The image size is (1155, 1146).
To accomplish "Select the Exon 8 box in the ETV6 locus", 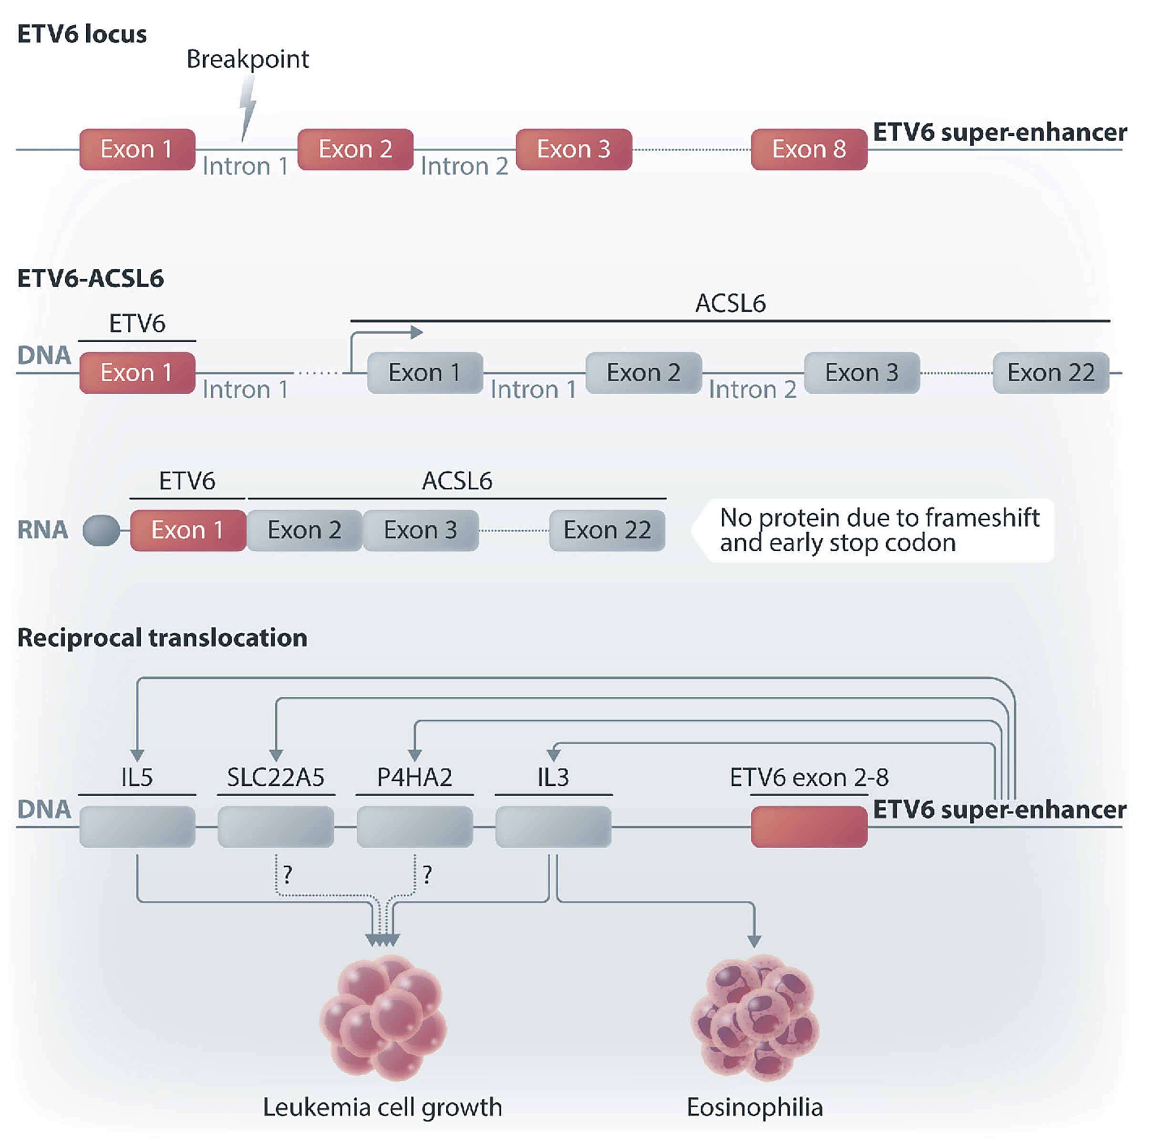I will (x=809, y=149).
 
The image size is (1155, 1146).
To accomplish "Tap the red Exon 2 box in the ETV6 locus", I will (x=355, y=149).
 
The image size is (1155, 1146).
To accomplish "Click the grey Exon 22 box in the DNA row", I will (x=1051, y=373).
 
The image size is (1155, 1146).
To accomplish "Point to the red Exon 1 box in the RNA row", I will (x=188, y=530).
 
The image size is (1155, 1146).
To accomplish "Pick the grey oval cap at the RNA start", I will (x=101, y=530).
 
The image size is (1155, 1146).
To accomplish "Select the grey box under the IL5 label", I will (x=137, y=826).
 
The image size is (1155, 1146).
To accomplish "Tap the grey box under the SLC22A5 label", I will (x=276, y=826).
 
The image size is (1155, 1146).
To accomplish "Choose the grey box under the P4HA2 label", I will (x=415, y=826).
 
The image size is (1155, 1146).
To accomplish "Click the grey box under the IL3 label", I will (x=554, y=826).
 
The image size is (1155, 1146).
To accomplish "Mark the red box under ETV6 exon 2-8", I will (x=809, y=826).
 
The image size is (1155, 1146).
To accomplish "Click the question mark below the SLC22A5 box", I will (x=288, y=875).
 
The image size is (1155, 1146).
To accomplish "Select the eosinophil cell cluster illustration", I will (x=755, y=1017).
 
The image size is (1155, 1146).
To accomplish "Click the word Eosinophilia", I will (x=754, y=1107).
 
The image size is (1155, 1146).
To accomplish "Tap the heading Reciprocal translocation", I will (x=162, y=638).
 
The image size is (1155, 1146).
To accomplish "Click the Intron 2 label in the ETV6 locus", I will (x=464, y=167).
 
